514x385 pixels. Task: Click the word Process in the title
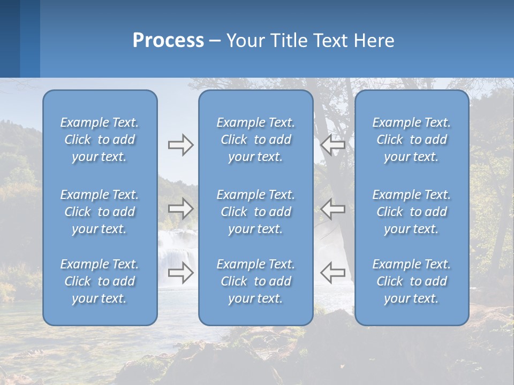coord(168,41)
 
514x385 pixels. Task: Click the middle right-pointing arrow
coord(180,209)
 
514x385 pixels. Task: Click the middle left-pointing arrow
coord(332,209)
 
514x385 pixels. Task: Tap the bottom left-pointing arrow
coord(332,273)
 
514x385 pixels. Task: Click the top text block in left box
coord(100,140)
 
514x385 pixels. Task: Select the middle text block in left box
coord(100,212)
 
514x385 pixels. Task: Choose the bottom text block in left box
coord(100,281)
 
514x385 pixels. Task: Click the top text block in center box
coord(255,140)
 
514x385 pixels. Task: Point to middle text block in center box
coord(255,212)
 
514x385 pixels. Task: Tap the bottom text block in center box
coord(255,281)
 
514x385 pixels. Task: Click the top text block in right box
coord(411,140)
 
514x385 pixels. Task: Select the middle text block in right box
coord(411,212)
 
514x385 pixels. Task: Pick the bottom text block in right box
coord(411,281)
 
